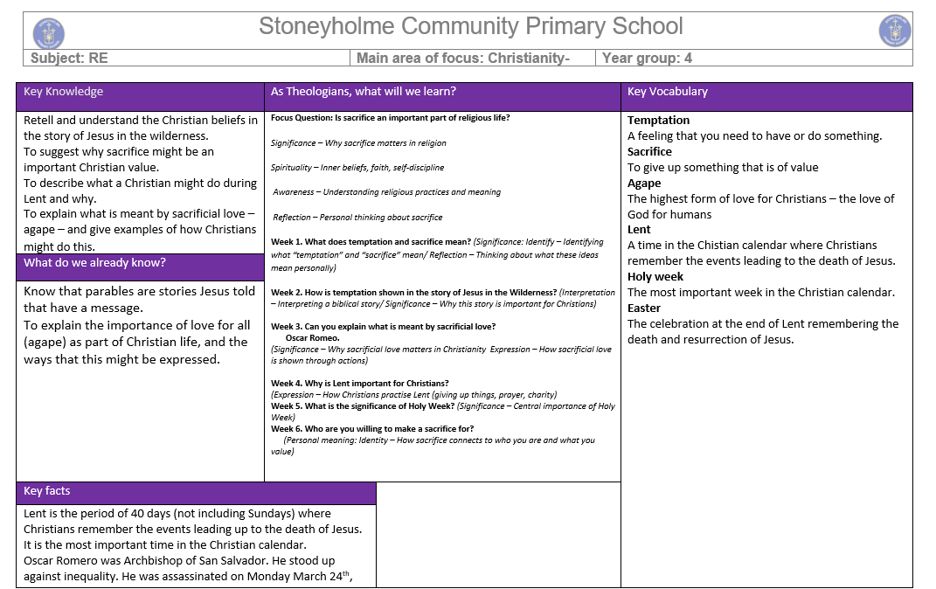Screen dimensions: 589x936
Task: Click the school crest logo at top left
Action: [x=49, y=33]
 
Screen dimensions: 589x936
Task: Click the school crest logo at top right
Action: [x=894, y=31]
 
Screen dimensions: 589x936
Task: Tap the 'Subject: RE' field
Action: [x=69, y=59]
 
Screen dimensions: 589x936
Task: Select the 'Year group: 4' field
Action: [x=647, y=59]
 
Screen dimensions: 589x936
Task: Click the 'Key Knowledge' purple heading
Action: [x=63, y=92]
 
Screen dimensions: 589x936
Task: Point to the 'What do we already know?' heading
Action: [x=94, y=263]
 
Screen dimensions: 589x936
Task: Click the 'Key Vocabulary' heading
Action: [x=668, y=92]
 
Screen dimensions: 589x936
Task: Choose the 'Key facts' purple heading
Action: [x=47, y=491]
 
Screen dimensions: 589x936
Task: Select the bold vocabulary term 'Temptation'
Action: [x=658, y=121]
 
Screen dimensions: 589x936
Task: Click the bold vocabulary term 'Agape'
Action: [x=644, y=184]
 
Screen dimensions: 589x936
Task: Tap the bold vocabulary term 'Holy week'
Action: [x=655, y=277]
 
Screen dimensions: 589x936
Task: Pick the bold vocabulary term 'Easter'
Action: [x=644, y=308]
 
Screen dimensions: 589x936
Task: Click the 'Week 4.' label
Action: [x=287, y=384]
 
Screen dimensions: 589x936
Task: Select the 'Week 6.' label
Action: [x=287, y=429]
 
